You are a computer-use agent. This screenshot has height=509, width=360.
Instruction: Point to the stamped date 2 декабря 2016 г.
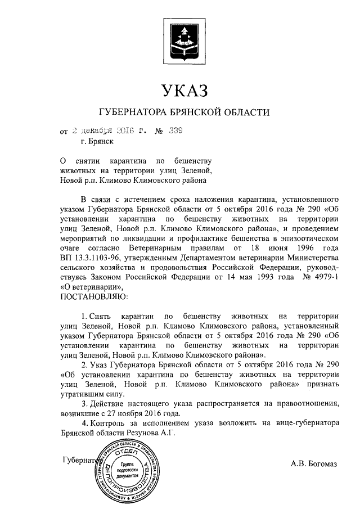coord(107,132)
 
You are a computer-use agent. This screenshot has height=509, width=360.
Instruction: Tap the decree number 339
coord(176,132)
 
